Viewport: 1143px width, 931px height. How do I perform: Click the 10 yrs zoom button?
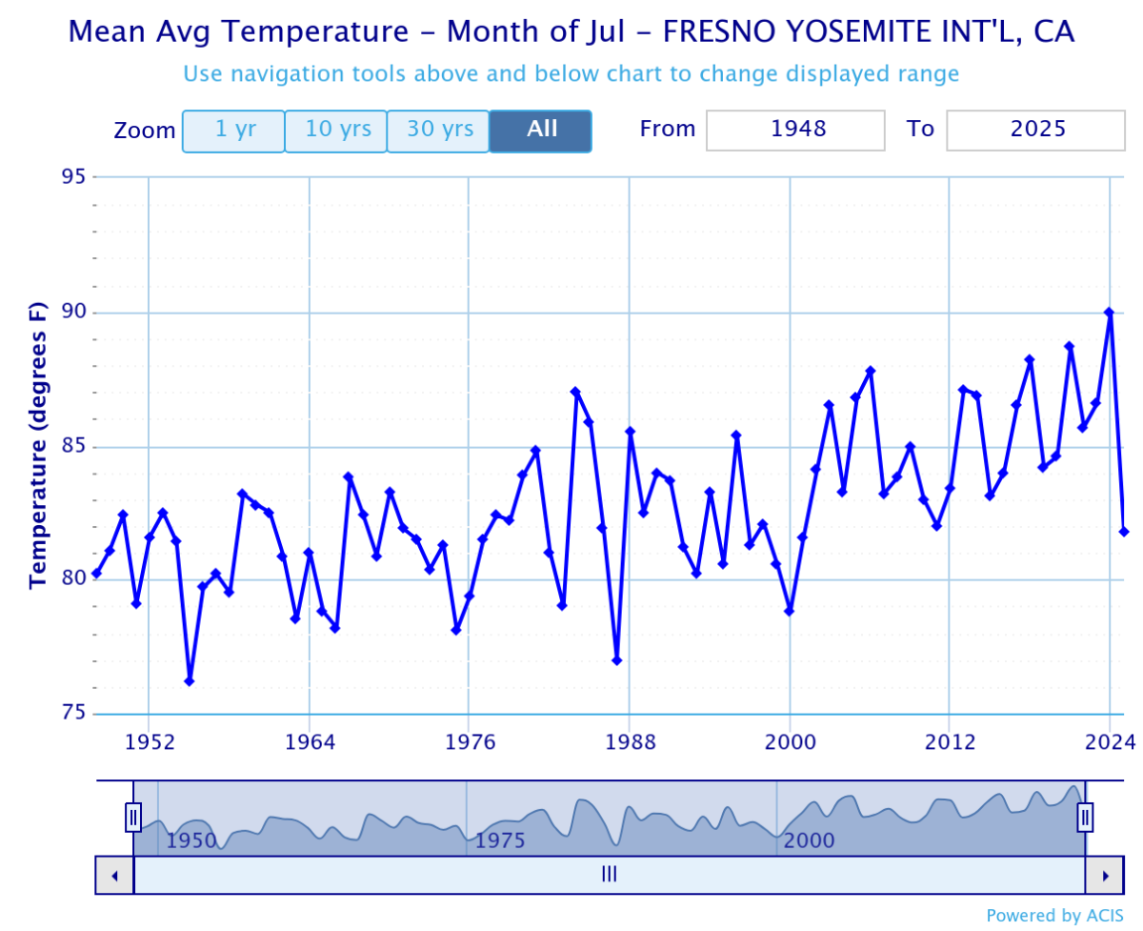pyautogui.click(x=335, y=131)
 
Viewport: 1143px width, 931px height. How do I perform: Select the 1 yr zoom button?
pyautogui.click(x=233, y=131)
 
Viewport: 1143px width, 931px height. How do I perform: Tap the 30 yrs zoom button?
pyautogui.click(x=438, y=131)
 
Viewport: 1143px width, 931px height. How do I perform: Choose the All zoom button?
pyautogui.click(x=541, y=131)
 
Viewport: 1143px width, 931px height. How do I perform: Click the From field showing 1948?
pyautogui.click(x=795, y=131)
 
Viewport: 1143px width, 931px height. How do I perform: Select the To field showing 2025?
pyautogui.click(x=1035, y=131)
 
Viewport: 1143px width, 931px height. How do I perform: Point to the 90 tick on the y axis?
pyautogui.click(x=75, y=313)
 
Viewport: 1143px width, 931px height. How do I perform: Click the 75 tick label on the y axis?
pyautogui.click(x=75, y=714)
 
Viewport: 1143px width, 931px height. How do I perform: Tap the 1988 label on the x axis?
pyautogui.click(x=629, y=742)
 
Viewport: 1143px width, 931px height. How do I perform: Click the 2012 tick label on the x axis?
pyautogui.click(x=950, y=742)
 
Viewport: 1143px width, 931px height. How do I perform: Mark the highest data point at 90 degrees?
pyautogui.click(x=1109, y=312)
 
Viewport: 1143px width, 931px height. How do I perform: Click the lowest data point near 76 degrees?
pyautogui.click(x=190, y=680)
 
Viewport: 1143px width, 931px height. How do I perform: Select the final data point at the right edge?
pyautogui.click(x=1124, y=531)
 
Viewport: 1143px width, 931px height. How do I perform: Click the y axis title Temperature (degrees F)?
pyautogui.click(x=38, y=445)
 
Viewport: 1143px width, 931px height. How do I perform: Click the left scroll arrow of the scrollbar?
pyautogui.click(x=114, y=875)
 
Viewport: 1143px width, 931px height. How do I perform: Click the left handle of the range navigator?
pyautogui.click(x=133, y=817)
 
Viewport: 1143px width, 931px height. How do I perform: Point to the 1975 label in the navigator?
pyautogui.click(x=501, y=840)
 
